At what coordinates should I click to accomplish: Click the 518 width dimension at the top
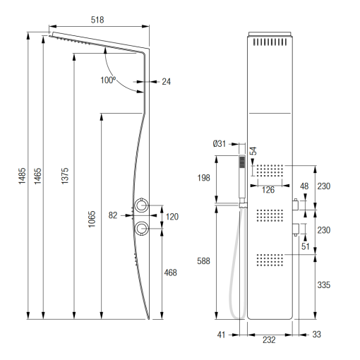point(97,20)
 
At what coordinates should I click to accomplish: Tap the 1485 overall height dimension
point(22,176)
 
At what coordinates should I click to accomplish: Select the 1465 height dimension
point(37,176)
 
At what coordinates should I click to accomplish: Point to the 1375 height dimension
point(65,176)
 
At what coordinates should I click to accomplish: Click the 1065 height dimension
point(92,219)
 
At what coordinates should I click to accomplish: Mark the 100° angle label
point(108,80)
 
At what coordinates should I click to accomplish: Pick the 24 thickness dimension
point(166,82)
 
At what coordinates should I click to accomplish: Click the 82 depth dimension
point(113,215)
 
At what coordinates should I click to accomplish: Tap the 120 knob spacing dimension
point(172,217)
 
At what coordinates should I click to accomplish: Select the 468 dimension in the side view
point(170,272)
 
